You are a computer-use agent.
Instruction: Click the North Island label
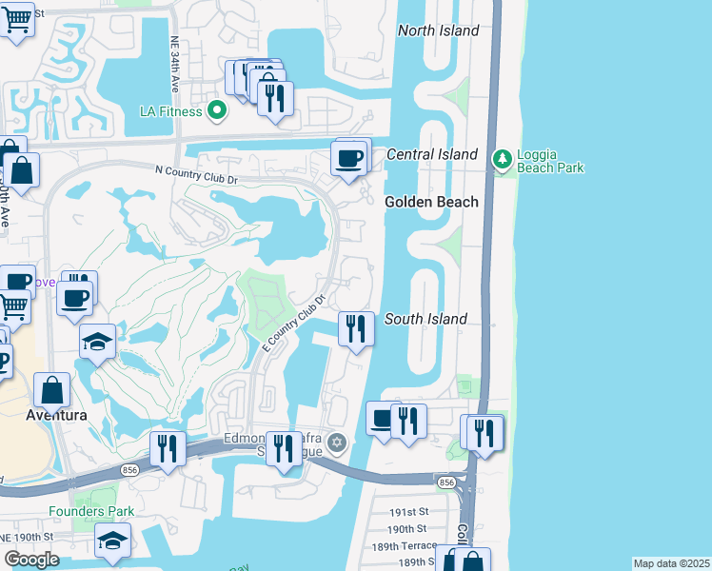point(438,30)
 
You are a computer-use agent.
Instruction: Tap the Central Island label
point(431,154)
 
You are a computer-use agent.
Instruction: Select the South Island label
point(425,319)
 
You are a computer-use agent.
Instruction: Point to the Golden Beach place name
point(431,202)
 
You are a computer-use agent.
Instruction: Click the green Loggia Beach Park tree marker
point(502,157)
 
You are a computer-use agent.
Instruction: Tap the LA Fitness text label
point(170,111)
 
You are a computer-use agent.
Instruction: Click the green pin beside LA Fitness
point(217,111)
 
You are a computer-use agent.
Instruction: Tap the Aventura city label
point(56,416)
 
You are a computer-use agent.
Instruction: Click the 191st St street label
point(408,511)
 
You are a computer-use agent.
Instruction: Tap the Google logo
point(31,560)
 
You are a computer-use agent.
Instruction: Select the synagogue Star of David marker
point(336,443)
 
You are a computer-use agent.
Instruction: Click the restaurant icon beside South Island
point(355,329)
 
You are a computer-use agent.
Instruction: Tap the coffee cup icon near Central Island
point(349,157)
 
